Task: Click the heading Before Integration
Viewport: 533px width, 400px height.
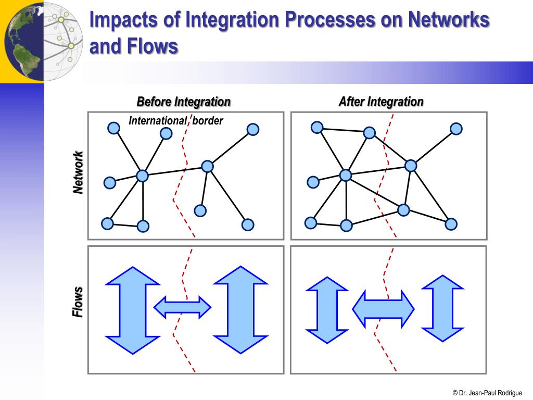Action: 183,102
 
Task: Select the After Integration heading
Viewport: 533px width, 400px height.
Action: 381,102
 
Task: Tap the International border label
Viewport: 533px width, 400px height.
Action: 176,121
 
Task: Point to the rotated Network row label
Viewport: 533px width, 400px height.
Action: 78,173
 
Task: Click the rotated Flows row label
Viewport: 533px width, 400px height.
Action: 78,302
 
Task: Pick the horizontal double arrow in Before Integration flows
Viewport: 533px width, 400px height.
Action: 182,307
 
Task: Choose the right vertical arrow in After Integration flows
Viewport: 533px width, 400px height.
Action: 442,308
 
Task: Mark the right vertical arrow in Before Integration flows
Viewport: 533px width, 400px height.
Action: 240,310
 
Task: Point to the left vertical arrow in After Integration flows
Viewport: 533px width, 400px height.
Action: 326,310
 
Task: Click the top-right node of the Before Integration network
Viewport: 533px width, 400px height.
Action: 253,129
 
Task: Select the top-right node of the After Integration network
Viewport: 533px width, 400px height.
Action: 456,129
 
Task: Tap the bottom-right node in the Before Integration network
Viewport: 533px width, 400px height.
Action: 248,225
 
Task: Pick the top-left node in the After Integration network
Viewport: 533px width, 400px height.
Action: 316,127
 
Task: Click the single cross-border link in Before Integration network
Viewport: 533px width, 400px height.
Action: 174,171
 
